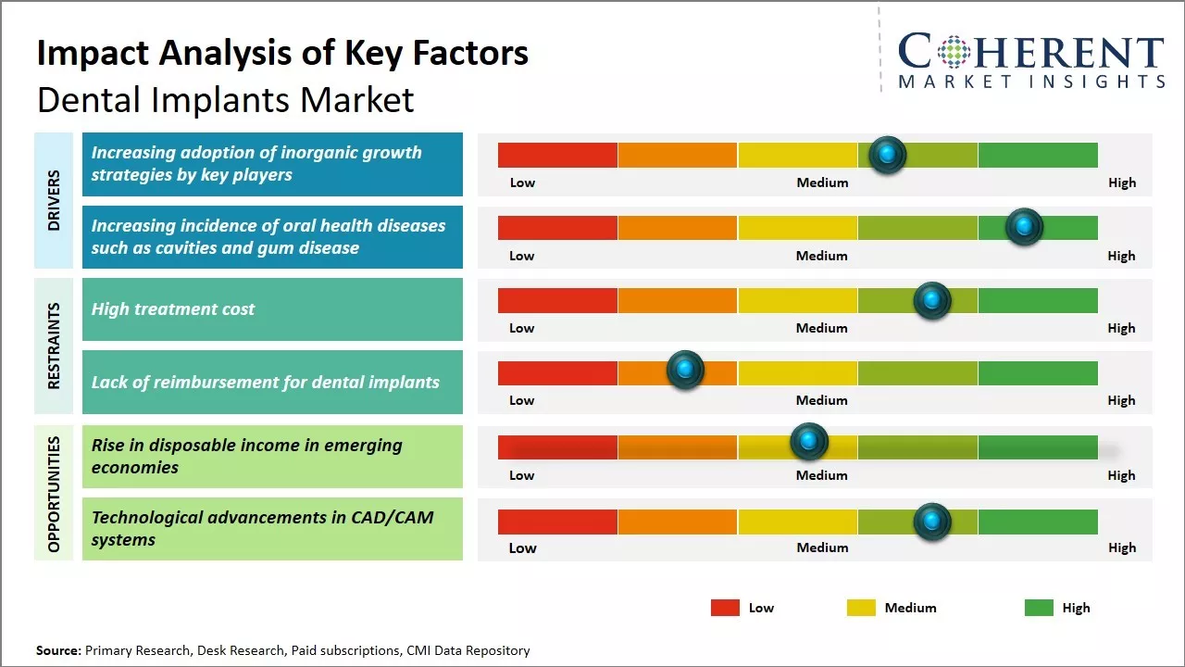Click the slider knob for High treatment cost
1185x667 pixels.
coord(931,300)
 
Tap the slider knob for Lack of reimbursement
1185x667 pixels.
coord(685,371)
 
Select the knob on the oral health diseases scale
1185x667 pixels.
coord(1024,226)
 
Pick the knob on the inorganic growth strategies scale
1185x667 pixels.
coord(887,155)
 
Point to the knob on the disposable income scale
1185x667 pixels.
coord(808,442)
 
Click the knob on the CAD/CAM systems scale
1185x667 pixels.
coord(931,522)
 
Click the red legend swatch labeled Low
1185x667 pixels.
coord(725,608)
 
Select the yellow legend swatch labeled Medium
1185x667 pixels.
coord(861,608)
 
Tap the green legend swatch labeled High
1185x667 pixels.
coord(1039,608)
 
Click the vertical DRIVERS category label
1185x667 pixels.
coord(54,200)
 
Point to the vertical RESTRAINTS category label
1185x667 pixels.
coord(54,346)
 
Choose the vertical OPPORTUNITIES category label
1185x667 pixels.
coord(54,494)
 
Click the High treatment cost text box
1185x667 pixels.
coord(272,309)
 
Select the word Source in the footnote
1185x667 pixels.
coord(57,650)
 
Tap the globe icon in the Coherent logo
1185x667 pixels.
coord(953,53)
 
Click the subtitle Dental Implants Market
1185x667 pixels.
coord(225,99)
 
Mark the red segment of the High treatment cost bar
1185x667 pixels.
coord(557,300)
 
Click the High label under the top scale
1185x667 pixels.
coord(1121,182)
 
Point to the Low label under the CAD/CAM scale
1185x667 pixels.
coord(522,547)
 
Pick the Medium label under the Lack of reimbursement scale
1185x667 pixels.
coord(821,400)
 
